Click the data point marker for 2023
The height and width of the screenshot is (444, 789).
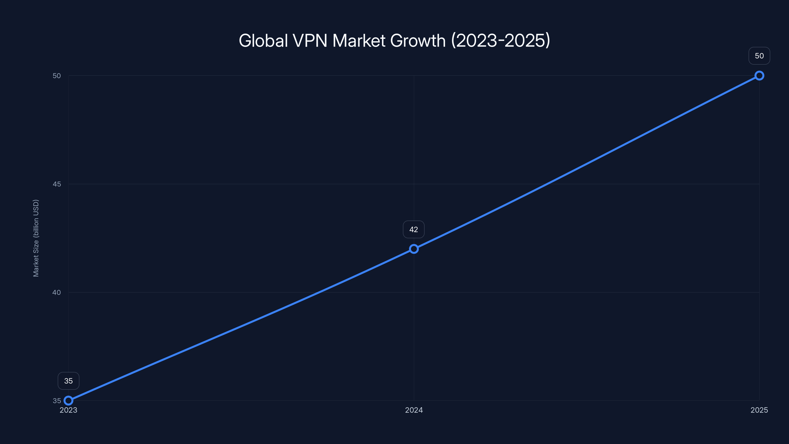click(68, 401)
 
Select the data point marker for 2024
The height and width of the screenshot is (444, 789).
click(414, 249)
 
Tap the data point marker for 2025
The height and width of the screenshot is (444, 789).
click(759, 75)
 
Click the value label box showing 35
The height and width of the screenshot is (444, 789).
click(68, 381)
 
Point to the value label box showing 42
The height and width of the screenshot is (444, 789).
click(413, 229)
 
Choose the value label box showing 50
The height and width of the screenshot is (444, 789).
click(759, 56)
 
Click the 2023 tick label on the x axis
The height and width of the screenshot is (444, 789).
click(68, 410)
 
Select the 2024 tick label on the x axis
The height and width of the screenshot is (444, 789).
click(414, 410)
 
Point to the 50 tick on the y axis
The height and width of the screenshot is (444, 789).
click(57, 76)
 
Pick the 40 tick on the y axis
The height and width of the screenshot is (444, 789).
click(57, 292)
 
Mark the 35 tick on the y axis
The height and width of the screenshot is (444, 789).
click(57, 401)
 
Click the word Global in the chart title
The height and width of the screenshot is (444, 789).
click(263, 40)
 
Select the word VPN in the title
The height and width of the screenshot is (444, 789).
click(310, 40)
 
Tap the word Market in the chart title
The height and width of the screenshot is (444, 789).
click(359, 40)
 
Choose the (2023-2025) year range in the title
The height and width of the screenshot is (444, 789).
click(501, 40)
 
